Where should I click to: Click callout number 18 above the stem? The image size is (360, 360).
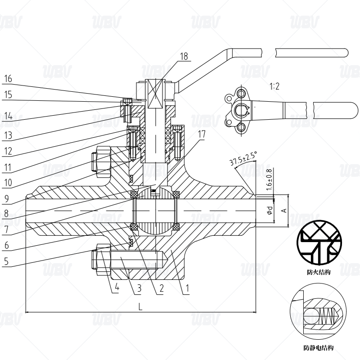pos(184,56)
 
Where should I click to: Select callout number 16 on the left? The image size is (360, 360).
pos(8,79)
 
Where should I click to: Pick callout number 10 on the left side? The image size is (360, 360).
pos(8,184)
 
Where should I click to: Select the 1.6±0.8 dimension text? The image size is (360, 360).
pos(270,179)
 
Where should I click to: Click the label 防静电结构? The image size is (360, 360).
pos(318,348)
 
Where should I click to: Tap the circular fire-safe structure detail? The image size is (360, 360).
pos(318,243)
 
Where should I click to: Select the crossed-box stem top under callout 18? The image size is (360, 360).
pos(154,95)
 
